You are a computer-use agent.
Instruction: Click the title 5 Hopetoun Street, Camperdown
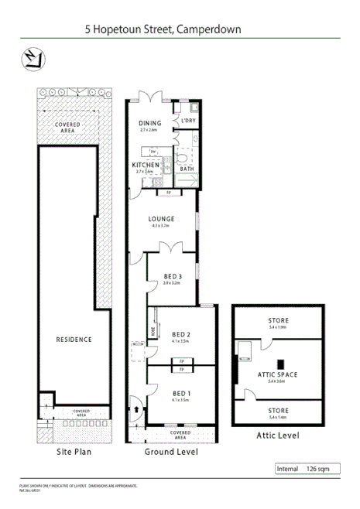(163, 29)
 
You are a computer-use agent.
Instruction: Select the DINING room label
(150, 123)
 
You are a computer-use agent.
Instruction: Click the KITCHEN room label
(146, 165)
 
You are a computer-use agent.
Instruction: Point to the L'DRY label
(188, 121)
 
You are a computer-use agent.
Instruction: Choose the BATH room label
(187, 169)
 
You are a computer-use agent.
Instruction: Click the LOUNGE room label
(162, 219)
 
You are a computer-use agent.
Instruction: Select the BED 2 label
(182, 334)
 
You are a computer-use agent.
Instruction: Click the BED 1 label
(182, 394)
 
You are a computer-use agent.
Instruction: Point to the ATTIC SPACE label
(282, 374)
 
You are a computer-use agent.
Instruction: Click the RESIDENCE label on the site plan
(74, 339)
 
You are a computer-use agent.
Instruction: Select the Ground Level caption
(171, 451)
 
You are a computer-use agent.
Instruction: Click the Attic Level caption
(278, 436)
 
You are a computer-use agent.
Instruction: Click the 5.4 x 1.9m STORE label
(278, 320)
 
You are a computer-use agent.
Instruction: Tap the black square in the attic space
(282, 362)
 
